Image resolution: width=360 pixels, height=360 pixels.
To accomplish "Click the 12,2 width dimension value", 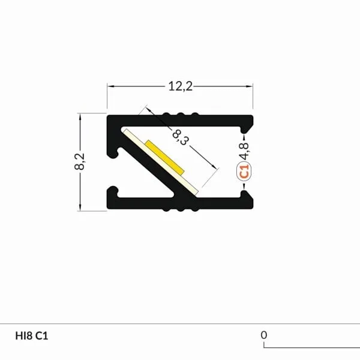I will [x=179, y=87].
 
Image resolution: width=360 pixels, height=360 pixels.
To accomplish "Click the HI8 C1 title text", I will [x=31, y=335].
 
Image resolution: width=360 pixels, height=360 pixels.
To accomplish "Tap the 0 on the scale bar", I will [x=263, y=335].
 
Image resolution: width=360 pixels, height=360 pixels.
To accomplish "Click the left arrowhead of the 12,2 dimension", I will [x=111, y=87].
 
